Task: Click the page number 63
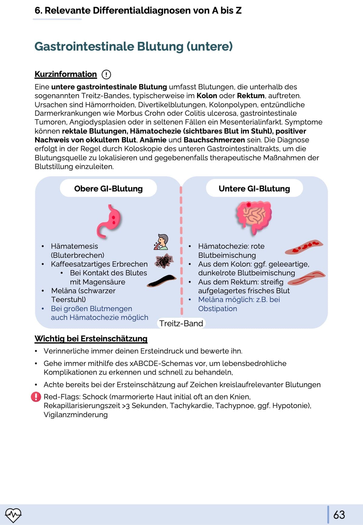(x=339, y=515)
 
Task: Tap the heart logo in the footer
(x=13, y=515)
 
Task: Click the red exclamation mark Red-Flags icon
(x=36, y=397)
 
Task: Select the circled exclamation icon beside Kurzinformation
(x=106, y=74)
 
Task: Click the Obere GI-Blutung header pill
(x=108, y=188)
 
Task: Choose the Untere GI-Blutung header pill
(x=254, y=188)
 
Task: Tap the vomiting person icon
(x=161, y=242)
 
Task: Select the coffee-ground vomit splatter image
(x=164, y=261)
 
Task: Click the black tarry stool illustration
(x=162, y=281)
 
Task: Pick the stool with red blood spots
(x=304, y=247)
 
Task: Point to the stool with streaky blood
(x=306, y=278)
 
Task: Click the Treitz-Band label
(x=181, y=324)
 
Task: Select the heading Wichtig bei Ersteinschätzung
(x=91, y=338)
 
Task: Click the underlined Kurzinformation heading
(x=66, y=74)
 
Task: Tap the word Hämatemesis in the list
(x=74, y=246)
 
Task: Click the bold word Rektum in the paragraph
(x=251, y=96)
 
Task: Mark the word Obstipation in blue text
(x=217, y=309)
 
